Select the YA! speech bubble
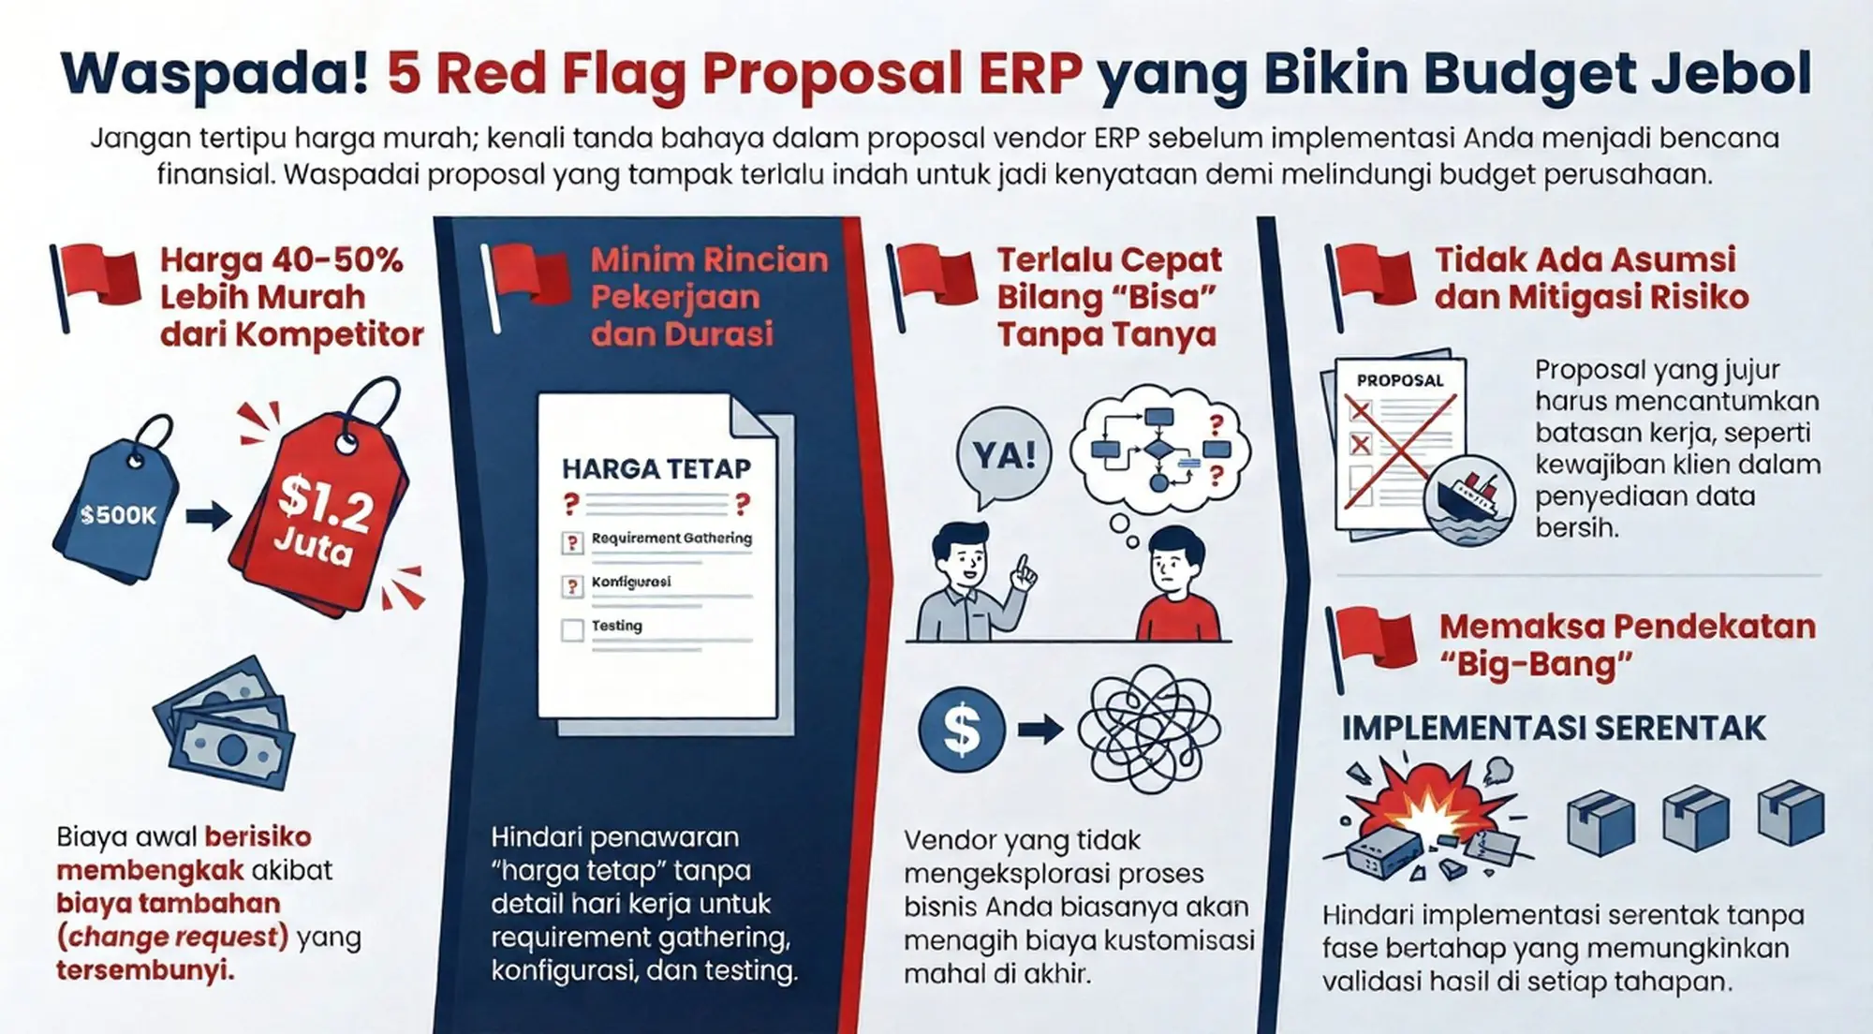click(1004, 455)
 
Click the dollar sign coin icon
click(962, 730)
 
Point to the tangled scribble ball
click(1148, 731)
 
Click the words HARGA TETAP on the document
click(656, 468)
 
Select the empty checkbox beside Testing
click(572, 629)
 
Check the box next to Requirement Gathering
click(572, 542)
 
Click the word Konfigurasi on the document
click(631, 582)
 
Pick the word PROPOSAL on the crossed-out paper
click(1400, 380)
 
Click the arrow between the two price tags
click(208, 516)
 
